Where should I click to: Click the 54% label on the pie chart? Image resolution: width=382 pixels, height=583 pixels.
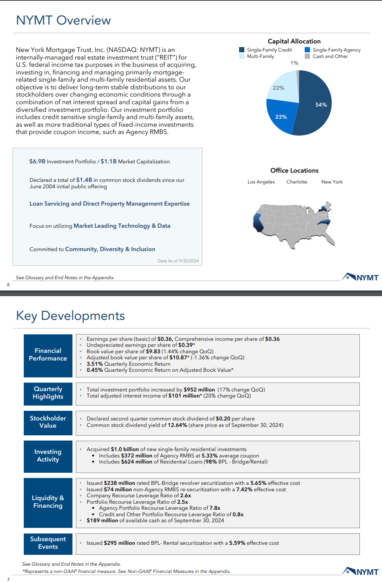tap(321, 105)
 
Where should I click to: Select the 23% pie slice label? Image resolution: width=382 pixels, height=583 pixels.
tap(281, 117)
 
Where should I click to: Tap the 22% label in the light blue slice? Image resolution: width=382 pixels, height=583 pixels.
tap(278, 88)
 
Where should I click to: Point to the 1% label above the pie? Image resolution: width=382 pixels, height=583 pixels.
tap(294, 63)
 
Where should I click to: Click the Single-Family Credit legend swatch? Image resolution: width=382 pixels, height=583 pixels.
tap(242, 50)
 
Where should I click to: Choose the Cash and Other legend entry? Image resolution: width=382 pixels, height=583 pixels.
tap(330, 56)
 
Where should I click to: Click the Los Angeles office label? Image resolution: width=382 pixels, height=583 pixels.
tap(261, 182)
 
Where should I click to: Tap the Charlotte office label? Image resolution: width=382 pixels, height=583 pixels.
tap(297, 182)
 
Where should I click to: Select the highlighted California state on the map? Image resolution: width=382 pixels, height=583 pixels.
tap(258, 222)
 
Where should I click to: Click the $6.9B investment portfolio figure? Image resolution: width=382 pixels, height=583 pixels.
tap(37, 161)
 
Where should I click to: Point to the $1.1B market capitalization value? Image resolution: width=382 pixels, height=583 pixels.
tap(108, 161)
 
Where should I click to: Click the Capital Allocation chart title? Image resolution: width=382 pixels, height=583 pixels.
tap(294, 41)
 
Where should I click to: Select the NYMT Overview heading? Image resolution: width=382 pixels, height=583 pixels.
tap(63, 20)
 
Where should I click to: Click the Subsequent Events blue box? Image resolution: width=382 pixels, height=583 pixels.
tap(48, 543)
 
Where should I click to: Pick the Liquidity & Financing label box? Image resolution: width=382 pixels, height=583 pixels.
tap(48, 502)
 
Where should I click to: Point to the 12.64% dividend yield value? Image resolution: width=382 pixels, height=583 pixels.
tap(177, 425)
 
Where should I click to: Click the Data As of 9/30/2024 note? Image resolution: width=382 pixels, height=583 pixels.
tap(178, 261)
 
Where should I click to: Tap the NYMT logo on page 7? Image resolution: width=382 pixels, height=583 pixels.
tap(360, 572)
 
